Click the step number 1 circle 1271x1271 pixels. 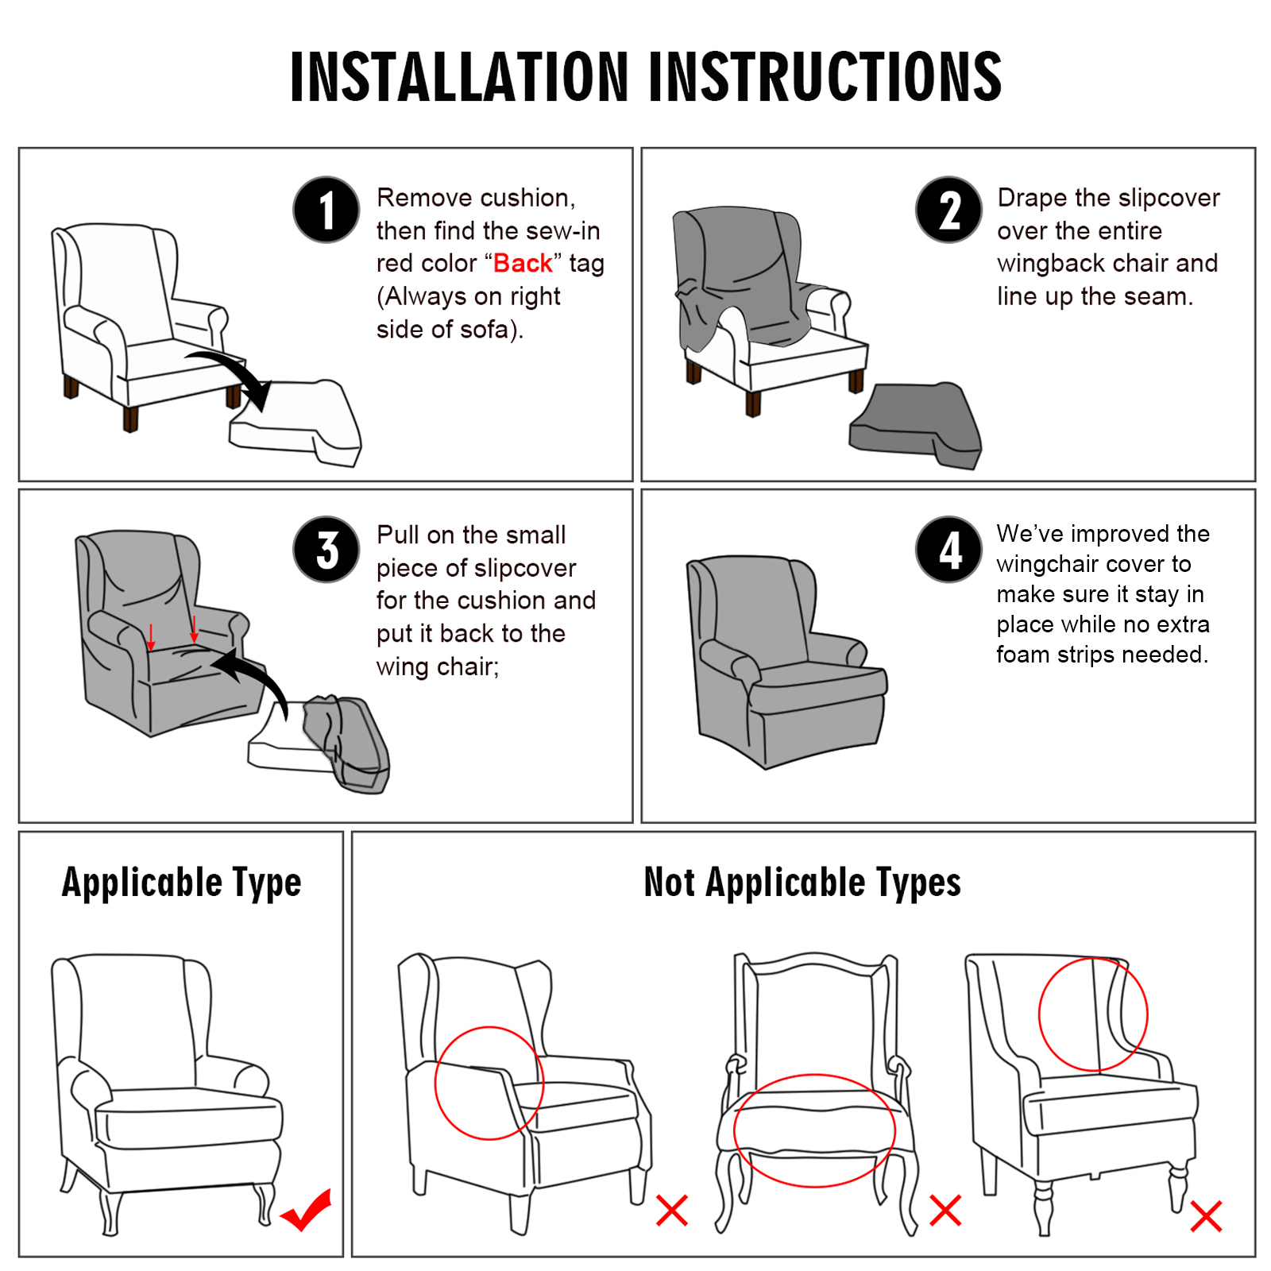pyautogui.click(x=326, y=210)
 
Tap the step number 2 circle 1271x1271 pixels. pyautogui.click(x=948, y=210)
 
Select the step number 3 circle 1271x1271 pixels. pyautogui.click(x=326, y=550)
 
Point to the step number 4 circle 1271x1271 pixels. pyautogui.click(x=948, y=550)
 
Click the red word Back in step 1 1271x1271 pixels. pyautogui.click(x=522, y=263)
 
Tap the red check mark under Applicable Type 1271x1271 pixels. pyautogui.click(x=306, y=1210)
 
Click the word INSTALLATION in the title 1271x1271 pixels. pyautogui.click(x=459, y=77)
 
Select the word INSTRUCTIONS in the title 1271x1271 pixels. pyautogui.click(x=825, y=77)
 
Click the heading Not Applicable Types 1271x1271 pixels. pyautogui.click(x=802, y=883)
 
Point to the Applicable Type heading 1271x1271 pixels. pyautogui.click(x=182, y=883)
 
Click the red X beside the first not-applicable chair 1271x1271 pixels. pyautogui.click(x=672, y=1211)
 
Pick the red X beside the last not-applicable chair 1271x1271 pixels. pyautogui.click(x=1206, y=1216)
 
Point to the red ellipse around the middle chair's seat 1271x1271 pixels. pyautogui.click(x=814, y=1076)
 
